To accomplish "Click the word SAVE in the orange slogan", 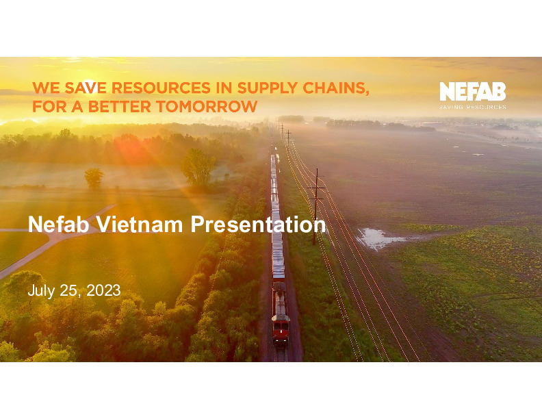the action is pos(86,88).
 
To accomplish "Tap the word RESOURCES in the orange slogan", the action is pos(161,88).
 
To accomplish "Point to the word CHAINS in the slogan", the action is pos(335,88).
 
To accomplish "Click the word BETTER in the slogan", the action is pos(120,107).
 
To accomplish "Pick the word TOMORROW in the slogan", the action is pos(207,107).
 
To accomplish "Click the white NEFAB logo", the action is pos(472,91).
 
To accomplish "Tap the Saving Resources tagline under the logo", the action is pos(472,107).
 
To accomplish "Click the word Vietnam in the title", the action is pos(139,224).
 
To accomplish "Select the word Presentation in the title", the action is pos(258,225).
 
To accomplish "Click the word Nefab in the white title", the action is pos(58,224).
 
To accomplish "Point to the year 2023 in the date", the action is pos(103,290).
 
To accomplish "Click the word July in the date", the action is pos(41,291).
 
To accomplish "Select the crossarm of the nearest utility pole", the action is pos(316,188).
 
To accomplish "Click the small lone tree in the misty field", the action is pos(94,178).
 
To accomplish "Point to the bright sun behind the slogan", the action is pos(89,85).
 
